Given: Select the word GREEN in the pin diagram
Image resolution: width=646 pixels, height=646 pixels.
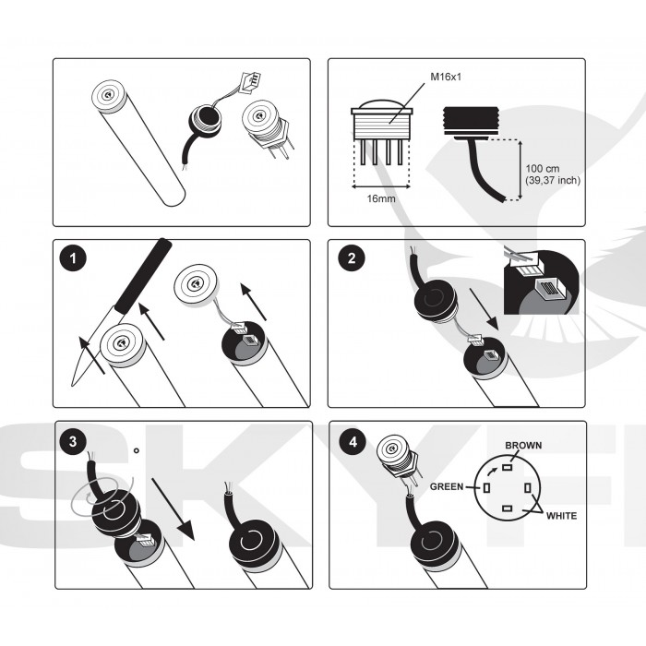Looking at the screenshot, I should (448, 486).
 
